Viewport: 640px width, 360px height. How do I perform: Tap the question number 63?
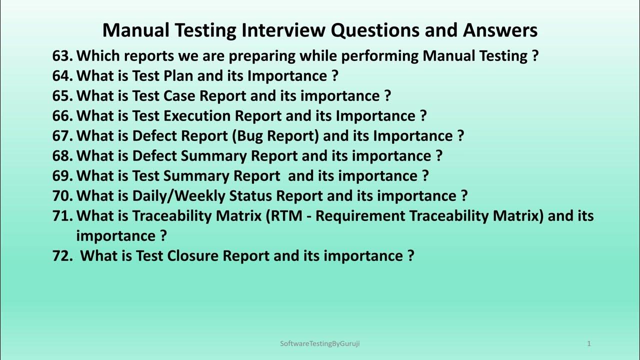click(x=62, y=56)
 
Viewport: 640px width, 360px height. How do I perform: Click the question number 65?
click(x=62, y=96)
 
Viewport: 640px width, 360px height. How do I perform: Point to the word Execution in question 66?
click(x=197, y=116)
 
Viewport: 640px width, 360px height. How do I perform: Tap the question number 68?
click(x=62, y=156)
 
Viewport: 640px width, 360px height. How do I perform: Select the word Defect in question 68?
click(x=154, y=156)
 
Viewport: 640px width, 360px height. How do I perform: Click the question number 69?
click(x=62, y=176)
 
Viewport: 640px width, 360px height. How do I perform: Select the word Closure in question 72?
click(x=193, y=256)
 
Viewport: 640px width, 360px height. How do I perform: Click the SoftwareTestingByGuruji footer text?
click(x=320, y=343)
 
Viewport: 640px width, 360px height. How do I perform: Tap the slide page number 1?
click(x=589, y=343)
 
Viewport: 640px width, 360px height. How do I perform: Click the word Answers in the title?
click(x=500, y=30)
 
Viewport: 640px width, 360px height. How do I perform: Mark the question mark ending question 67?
click(x=460, y=136)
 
